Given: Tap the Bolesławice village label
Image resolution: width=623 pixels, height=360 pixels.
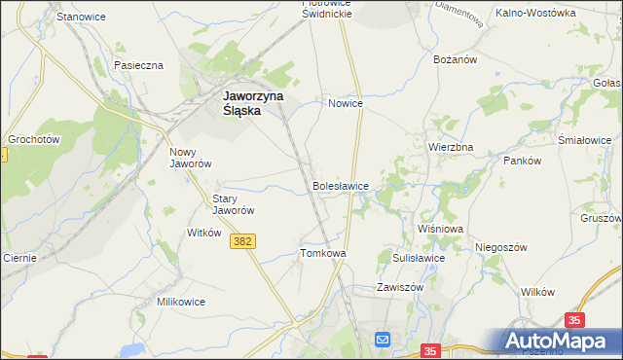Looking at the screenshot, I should click(340, 184).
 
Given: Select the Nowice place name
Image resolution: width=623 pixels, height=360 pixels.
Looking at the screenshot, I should click(346, 103).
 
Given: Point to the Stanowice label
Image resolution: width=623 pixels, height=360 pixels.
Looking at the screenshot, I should click(82, 18).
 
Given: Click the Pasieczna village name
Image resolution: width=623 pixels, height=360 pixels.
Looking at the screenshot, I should click(138, 65).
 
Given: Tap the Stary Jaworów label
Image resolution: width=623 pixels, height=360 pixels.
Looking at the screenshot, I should click(234, 203).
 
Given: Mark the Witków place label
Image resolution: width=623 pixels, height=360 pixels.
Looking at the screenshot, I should click(204, 233).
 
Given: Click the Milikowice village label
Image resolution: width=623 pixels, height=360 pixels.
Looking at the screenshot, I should click(181, 302).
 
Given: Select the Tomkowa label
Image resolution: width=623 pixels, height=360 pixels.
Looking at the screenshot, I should click(323, 253).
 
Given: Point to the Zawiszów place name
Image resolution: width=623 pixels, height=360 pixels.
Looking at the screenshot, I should click(400, 288).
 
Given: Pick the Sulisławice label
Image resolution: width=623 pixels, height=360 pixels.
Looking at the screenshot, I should click(419, 259).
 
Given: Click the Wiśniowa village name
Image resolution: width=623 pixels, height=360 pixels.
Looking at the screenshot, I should click(440, 229).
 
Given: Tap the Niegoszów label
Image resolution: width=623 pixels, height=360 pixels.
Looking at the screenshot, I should click(501, 247).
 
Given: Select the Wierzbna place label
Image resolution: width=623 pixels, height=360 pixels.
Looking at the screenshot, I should click(451, 147).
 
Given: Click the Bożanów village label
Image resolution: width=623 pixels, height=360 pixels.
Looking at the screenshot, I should click(454, 59).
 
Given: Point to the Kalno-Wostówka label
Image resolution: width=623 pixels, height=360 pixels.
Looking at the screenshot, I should click(535, 14).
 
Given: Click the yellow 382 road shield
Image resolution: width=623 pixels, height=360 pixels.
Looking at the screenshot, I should click(244, 240).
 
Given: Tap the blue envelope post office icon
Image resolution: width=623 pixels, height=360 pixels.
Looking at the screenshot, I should click(383, 339).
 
